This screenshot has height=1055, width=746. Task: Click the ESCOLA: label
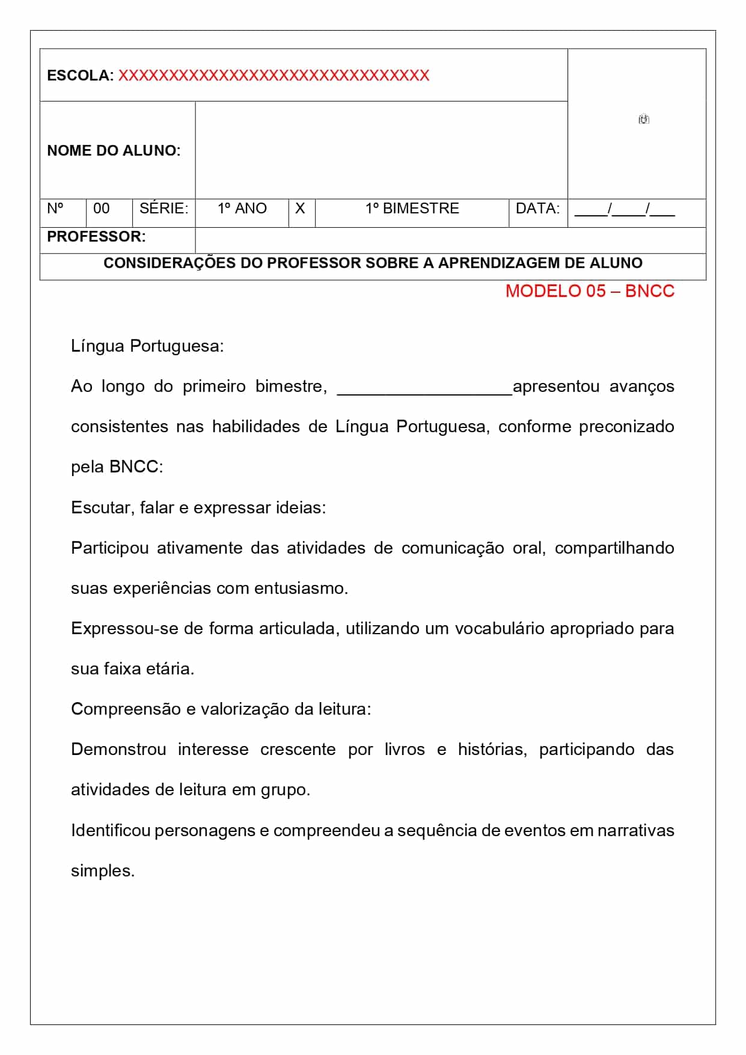coord(80,76)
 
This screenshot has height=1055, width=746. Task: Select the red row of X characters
coord(274,76)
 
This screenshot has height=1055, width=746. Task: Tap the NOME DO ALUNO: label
coord(114,150)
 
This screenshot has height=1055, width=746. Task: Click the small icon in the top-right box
coord(644,119)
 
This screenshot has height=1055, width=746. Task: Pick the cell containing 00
coord(102,209)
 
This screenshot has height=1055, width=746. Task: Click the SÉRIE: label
coord(164,209)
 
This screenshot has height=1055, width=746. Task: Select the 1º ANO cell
coord(242,209)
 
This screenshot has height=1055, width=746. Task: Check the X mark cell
coord(300,209)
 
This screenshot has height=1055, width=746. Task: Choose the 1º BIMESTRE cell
coord(412,209)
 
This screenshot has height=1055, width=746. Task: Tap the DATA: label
coord(537,209)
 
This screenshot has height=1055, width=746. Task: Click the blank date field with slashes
coord(625,210)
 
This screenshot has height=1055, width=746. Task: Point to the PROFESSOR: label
coord(96,237)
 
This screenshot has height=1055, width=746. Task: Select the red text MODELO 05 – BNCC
coord(590,291)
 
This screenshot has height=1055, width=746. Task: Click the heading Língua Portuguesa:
coord(147,346)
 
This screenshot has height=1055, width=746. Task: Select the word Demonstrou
coord(118,750)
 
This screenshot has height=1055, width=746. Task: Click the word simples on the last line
coord(102,871)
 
